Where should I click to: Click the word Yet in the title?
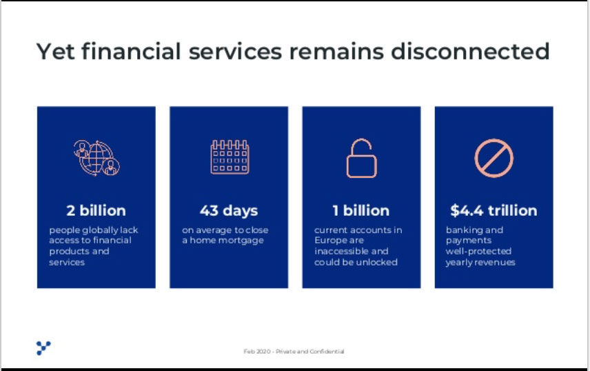point(55,51)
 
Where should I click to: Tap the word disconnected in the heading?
point(470,51)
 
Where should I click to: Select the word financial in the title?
point(132,51)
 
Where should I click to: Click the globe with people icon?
point(96,158)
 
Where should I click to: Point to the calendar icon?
point(230,157)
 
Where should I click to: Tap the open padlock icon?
point(362,158)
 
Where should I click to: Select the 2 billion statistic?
point(96,210)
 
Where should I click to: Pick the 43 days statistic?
point(229,211)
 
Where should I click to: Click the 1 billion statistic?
point(361,210)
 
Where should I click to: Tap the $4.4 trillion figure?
point(494,210)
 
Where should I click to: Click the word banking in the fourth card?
point(460,230)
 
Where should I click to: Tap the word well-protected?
point(478,251)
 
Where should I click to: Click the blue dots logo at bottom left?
point(43,348)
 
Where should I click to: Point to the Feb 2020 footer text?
point(256,352)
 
